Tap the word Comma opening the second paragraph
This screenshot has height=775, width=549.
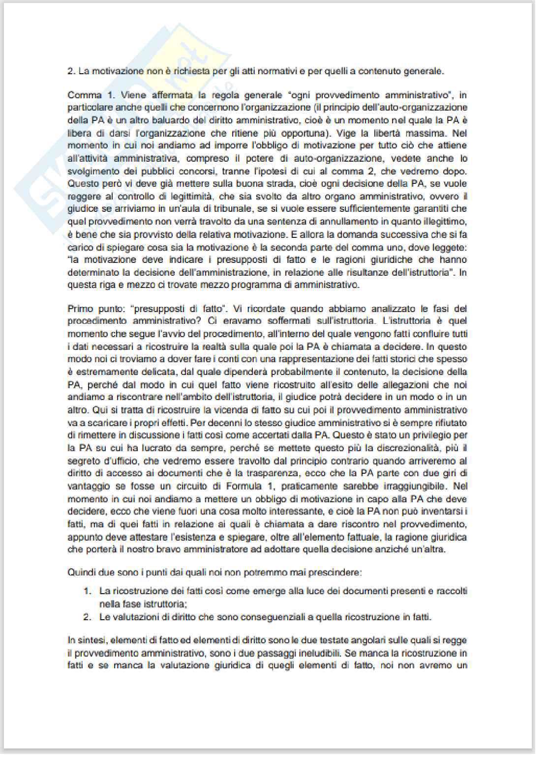(85, 95)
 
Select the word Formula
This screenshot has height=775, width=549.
(244, 486)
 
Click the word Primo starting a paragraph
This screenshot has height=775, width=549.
(80, 309)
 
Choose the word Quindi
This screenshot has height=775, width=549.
(82, 573)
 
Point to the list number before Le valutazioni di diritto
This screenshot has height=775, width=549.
(87, 617)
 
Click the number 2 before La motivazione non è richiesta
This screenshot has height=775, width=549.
(70, 71)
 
